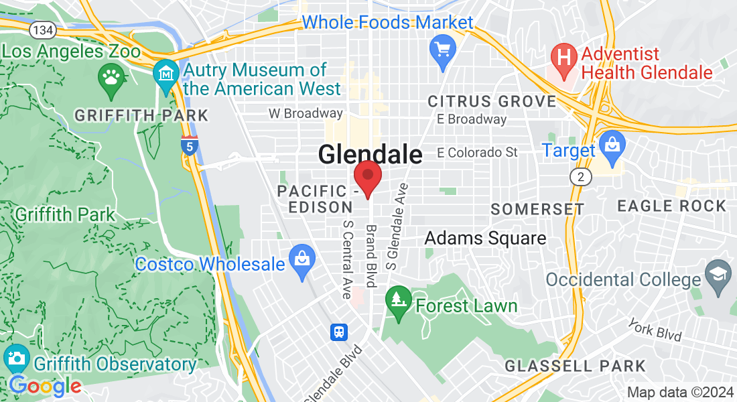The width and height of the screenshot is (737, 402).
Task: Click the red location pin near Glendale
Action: point(367,177)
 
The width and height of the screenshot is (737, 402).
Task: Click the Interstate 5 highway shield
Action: point(190,145)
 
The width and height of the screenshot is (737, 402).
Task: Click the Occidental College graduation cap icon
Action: point(719,279)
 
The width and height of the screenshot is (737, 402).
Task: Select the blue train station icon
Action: point(338,332)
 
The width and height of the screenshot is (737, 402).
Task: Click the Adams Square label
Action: point(485,238)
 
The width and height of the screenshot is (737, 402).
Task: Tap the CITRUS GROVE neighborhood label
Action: point(492,102)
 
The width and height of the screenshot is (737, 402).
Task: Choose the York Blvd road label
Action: point(655,329)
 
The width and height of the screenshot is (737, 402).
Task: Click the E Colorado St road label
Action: point(477,153)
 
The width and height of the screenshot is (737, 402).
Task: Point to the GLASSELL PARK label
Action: point(576,366)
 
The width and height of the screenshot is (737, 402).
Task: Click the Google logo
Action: point(45,386)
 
